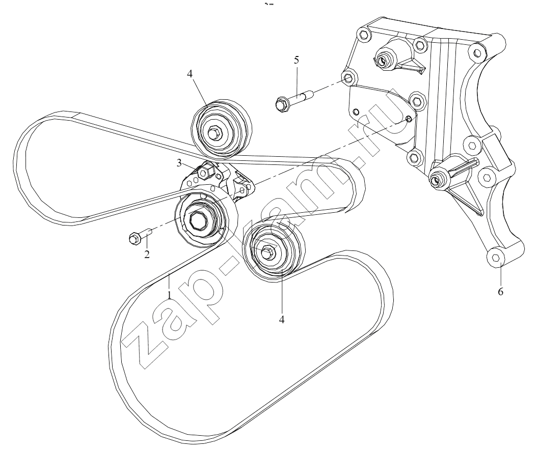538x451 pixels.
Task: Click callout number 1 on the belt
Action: pyautogui.click(x=170, y=295)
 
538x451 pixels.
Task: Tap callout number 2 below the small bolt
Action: pyautogui.click(x=147, y=255)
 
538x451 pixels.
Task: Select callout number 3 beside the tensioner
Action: pyautogui.click(x=179, y=163)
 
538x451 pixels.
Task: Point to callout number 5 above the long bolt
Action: pyautogui.click(x=297, y=60)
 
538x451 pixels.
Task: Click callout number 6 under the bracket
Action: pyautogui.click(x=501, y=292)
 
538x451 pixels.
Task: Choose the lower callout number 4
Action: pyautogui.click(x=282, y=319)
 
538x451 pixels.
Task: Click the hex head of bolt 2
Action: pyautogui.click(x=134, y=239)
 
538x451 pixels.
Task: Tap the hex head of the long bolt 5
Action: pyautogui.click(x=282, y=103)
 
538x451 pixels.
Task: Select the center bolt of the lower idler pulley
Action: pyautogui.click(x=267, y=252)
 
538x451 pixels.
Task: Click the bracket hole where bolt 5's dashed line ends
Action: pyautogui.click(x=348, y=78)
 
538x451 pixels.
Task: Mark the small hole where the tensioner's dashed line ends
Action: pyautogui.click(x=408, y=119)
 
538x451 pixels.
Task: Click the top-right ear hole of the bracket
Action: pyautogui.click(x=476, y=52)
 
